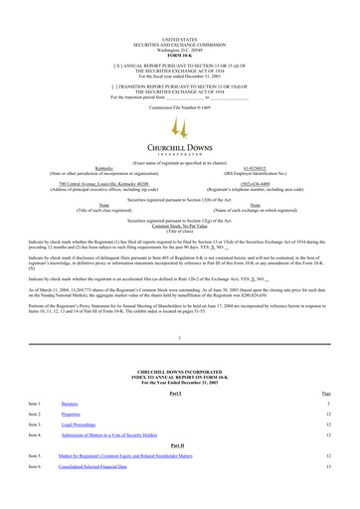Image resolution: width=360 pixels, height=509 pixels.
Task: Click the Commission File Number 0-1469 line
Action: coord(180,79)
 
